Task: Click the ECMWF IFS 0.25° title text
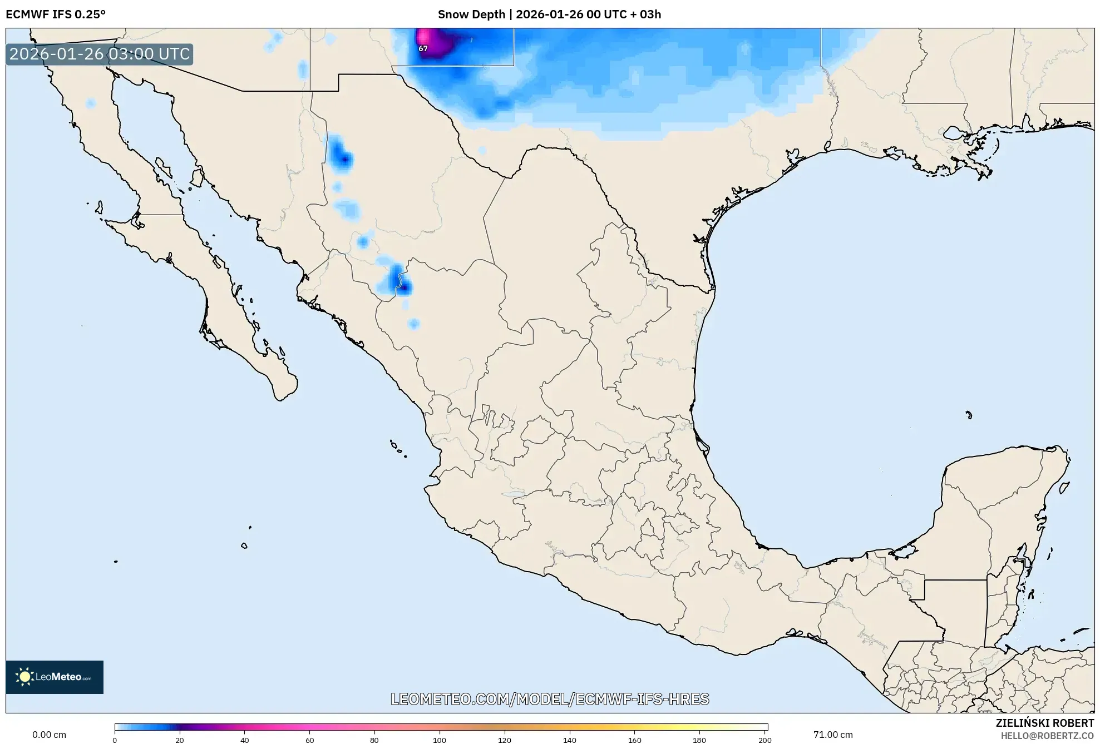click(x=56, y=14)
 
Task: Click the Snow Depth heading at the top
click(x=549, y=14)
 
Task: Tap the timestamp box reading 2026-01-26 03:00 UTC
click(x=100, y=54)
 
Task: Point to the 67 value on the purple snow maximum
click(x=423, y=48)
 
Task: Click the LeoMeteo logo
click(x=55, y=677)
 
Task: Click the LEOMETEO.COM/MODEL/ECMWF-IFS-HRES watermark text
click(x=550, y=699)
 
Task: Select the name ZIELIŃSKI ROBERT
click(x=1044, y=723)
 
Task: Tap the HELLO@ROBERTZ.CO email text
click(x=1047, y=736)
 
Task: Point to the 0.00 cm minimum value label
click(x=49, y=735)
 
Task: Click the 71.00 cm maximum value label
click(x=832, y=735)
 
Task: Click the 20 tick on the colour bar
click(x=179, y=740)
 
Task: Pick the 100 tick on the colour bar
click(x=440, y=740)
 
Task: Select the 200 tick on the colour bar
click(x=765, y=740)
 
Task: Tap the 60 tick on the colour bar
click(x=309, y=740)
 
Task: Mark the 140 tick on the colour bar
click(x=570, y=740)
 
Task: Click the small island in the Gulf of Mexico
click(x=969, y=415)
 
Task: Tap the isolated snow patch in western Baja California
click(x=91, y=103)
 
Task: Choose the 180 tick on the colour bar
click(x=699, y=740)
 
